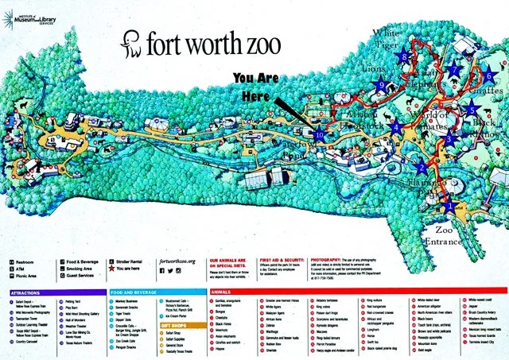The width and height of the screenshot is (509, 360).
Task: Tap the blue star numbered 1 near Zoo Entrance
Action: click(449, 205)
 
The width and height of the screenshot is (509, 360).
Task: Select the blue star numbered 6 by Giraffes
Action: click(489, 75)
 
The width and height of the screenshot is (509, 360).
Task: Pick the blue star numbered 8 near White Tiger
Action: click(405, 56)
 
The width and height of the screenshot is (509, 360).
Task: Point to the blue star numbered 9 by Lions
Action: click(383, 85)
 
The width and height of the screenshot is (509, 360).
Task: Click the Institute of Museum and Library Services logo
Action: click(32, 17)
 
